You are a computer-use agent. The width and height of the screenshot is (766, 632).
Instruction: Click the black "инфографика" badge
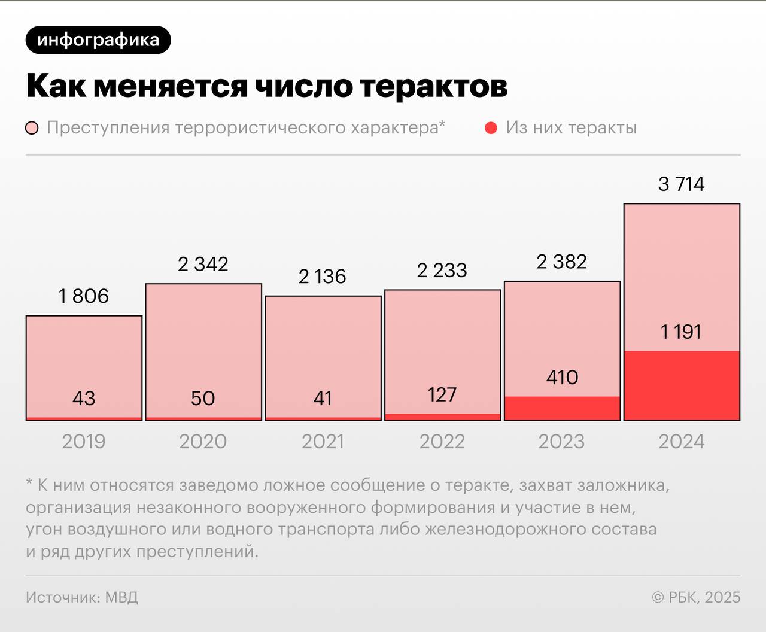coord(98,40)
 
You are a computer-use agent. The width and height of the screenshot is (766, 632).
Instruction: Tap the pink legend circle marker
coord(32,128)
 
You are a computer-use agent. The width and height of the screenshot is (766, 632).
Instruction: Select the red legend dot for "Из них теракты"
coord(491,128)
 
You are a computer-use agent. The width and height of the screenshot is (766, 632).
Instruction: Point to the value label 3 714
coord(681,184)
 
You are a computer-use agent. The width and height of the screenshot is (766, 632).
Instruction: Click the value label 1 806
coord(84,296)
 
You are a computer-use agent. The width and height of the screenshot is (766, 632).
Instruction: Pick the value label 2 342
coord(203,264)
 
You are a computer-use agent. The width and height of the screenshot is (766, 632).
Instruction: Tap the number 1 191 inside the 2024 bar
coord(681,332)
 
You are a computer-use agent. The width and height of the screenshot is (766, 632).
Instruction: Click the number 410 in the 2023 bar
coord(562,377)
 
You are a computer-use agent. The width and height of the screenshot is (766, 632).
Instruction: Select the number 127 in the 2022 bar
coord(442,394)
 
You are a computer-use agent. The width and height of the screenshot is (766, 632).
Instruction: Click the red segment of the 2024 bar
coord(682,385)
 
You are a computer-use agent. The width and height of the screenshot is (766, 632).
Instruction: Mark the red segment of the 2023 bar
coord(562,408)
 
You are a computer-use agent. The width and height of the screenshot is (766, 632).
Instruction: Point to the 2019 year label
coord(84,442)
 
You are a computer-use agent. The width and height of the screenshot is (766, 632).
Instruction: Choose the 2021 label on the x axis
coord(323,442)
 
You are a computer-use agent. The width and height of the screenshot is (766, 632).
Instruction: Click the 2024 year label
coord(681,442)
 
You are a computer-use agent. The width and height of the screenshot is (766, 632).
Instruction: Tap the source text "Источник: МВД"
coord(82,597)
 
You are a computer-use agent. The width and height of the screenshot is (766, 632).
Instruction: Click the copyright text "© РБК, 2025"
coord(696,597)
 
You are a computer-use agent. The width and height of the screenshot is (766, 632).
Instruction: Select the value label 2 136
coord(322,276)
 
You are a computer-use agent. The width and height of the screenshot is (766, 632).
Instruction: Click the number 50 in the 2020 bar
coord(203,398)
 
